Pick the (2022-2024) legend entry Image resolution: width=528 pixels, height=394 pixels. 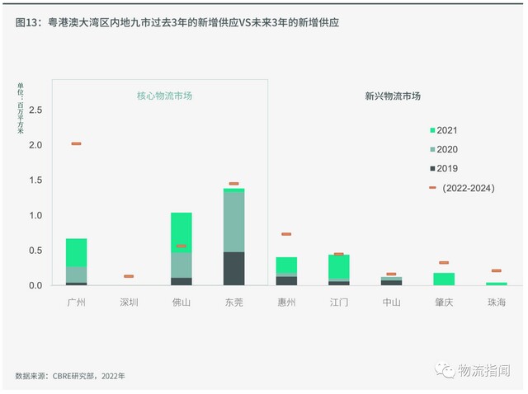coord(467,188)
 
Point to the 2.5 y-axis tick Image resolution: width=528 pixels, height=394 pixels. coord(35,110)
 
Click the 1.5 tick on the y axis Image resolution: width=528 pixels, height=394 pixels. coord(35,181)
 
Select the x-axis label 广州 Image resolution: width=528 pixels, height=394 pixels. coord(77,302)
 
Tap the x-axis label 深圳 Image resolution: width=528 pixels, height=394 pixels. coord(128,302)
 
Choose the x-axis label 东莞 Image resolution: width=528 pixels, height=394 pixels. coord(233,302)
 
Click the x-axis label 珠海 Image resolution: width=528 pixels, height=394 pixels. coord(496,302)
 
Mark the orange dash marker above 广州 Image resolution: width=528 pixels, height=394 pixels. coord(76,143)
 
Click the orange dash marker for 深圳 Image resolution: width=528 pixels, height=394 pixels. coord(128,276)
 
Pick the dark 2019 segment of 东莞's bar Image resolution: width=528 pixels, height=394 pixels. coord(233,269)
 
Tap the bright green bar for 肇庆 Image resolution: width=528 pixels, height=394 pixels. coord(444,279)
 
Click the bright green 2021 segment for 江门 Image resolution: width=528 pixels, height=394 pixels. coord(339,266)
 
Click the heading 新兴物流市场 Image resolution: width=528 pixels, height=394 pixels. coord(393,96)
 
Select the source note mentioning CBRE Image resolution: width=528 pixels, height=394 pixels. coord(70,376)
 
